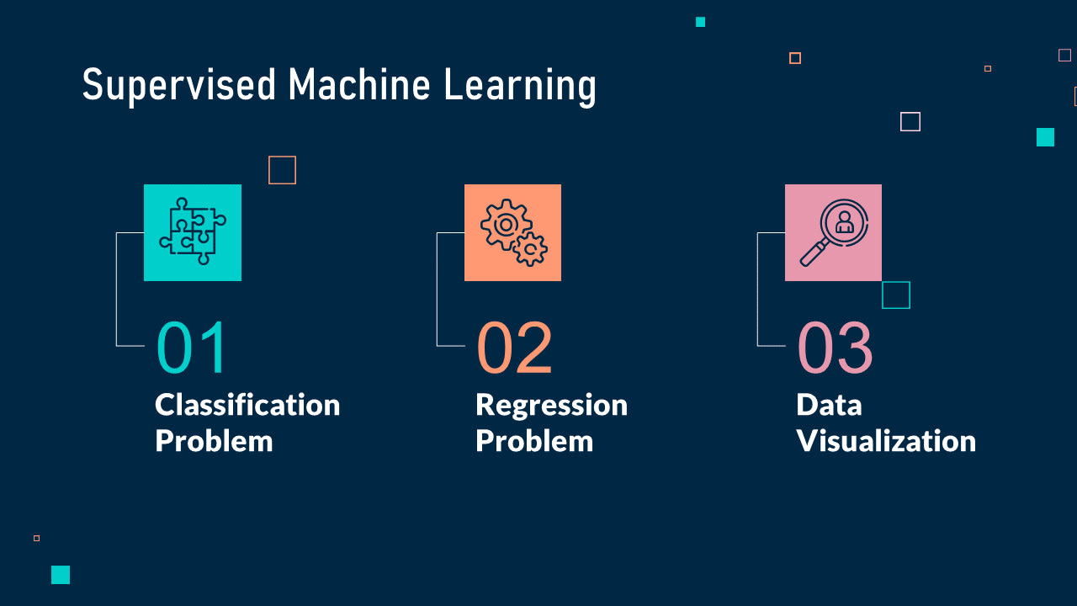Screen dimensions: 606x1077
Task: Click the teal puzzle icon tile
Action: [x=193, y=232]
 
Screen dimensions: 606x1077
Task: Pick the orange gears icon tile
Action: [x=512, y=232]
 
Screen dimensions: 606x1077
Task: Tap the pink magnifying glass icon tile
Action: [x=833, y=232]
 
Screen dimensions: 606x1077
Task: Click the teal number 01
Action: [x=192, y=348]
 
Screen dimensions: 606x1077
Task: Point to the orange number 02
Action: [x=514, y=348]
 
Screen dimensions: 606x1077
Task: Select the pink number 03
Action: [x=835, y=348]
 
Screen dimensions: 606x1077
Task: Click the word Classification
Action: [x=247, y=405]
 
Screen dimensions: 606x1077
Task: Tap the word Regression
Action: [x=551, y=406]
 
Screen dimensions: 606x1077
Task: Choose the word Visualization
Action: [x=886, y=441]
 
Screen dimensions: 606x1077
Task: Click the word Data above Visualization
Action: [x=829, y=405]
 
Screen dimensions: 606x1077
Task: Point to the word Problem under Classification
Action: [x=214, y=441]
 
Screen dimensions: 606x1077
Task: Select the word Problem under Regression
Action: [x=534, y=441]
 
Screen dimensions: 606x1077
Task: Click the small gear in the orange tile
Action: [x=531, y=249]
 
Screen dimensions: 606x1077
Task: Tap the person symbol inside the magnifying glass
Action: [x=844, y=221]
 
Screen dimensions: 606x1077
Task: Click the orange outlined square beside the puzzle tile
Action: [x=282, y=170]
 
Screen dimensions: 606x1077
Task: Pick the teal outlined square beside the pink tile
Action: [x=896, y=295]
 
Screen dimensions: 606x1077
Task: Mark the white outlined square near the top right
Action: [x=910, y=122]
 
